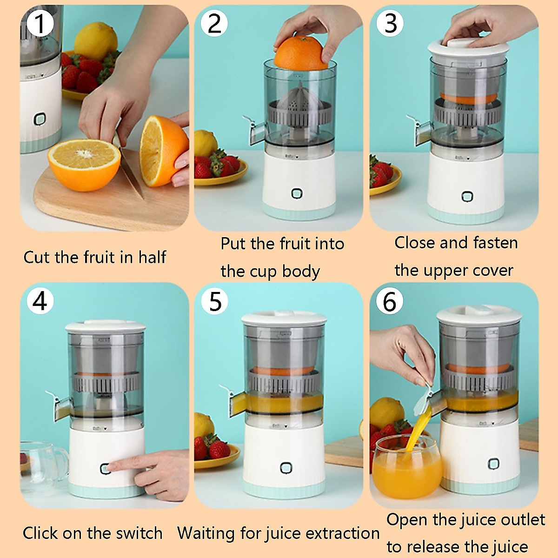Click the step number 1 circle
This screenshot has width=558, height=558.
[40, 23]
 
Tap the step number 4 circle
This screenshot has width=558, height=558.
[40, 301]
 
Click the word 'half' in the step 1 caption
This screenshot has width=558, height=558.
[152, 257]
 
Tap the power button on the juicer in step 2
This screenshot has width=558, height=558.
[297, 193]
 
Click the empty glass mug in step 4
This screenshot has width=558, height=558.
[42, 465]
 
